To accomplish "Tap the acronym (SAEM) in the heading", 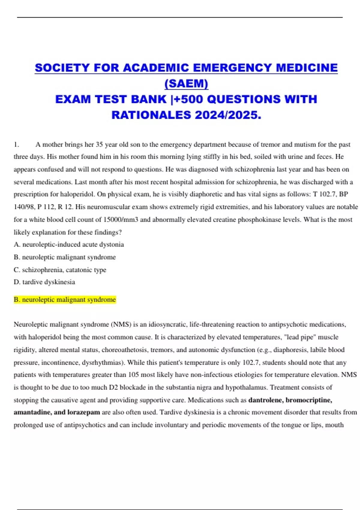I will pyautogui.click(x=186, y=83).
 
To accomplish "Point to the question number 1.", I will pyautogui.click(x=16, y=145).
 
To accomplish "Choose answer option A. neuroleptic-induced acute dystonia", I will pyautogui.click(x=69, y=244).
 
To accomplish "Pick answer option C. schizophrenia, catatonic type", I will pyautogui.click(x=60, y=270).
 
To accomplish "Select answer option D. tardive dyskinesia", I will pyautogui.click(x=44, y=282).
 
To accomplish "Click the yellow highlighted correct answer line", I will pyautogui.click(x=65, y=299).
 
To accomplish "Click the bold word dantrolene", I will pyautogui.click(x=266, y=400).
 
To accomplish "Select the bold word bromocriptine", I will pyautogui.click(x=309, y=400).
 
